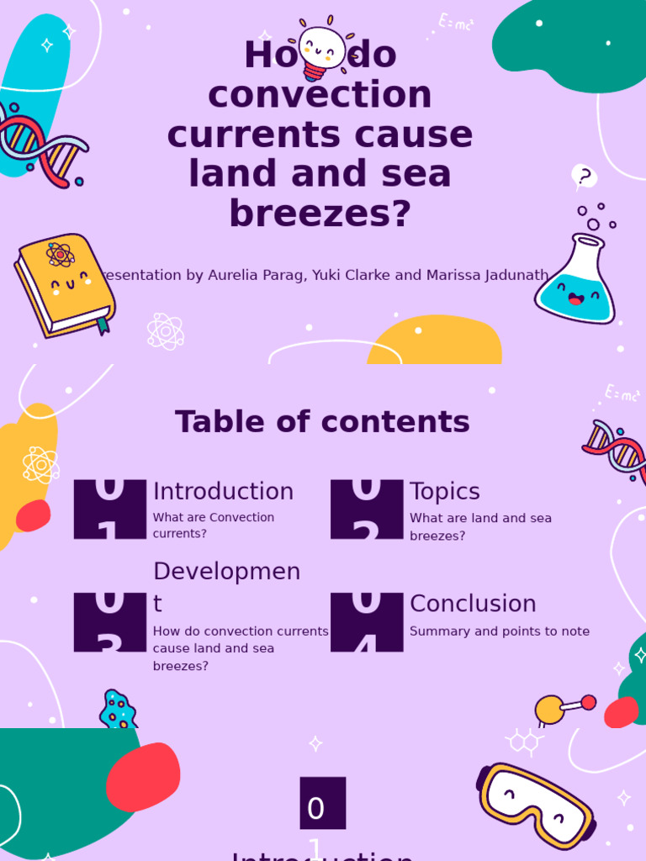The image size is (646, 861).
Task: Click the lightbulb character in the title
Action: [x=322, y=49]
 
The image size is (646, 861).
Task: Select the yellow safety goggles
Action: [x=536, y=806]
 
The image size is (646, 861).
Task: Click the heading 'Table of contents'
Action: [x=322, y=422]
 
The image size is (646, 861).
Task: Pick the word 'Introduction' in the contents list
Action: [x=223, y=492]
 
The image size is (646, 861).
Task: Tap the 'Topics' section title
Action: [x=444, y=492]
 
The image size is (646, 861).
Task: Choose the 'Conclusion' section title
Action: [x=473, y=604]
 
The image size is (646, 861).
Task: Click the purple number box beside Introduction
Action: [x=109, y=509]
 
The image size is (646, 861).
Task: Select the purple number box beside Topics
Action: [x=367, y=509]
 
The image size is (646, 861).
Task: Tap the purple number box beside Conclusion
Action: [x=367, y=621]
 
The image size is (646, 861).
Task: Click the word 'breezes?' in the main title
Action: [x=320, y=214]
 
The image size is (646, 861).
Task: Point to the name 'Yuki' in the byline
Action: [x=331, y=275]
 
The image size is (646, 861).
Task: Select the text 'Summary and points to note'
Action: [x=500, y=631]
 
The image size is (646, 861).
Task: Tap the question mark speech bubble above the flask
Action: [x=584, y=177]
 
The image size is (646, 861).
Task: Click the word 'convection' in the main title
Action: [x=320, y=94]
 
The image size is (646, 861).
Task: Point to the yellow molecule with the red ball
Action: [x=562, y=708]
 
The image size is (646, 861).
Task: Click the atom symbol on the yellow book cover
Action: [x=61, y=254]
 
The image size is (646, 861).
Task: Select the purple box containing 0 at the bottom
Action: [x=322, y=803]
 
